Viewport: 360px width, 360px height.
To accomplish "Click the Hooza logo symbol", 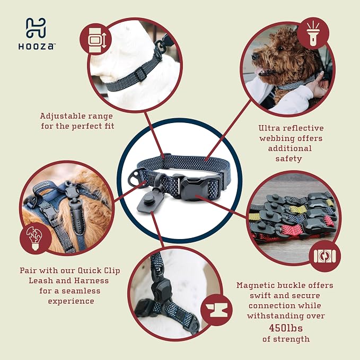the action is point(36,28).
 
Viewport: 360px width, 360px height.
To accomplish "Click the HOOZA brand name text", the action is point(36,47).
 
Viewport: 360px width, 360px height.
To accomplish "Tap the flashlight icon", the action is point(313,33).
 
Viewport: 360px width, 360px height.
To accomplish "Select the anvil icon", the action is point(217,310).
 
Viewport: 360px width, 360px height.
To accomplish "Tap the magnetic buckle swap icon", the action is point(324,256).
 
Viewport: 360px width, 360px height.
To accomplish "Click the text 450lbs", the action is point(286,328).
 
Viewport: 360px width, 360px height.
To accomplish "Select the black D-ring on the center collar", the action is point(137,179).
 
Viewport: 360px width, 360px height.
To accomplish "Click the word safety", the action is point(288,159).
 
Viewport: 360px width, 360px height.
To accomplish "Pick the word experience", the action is point(71,301).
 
